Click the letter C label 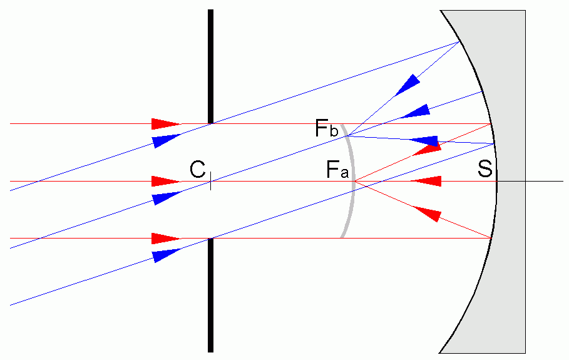pos(198,169)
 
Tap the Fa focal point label pos(336,170)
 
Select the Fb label pos(327,130)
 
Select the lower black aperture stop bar pos(211,295)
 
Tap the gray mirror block pos(507,250)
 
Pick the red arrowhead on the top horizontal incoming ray pos(165,123)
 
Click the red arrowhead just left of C pos(165,181)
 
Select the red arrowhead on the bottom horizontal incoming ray pos(165,239)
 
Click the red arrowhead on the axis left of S pos(426,181)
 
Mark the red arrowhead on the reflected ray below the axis pos(425,213)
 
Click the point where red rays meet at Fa pos(355,181)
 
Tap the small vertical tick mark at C pos(211,182)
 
